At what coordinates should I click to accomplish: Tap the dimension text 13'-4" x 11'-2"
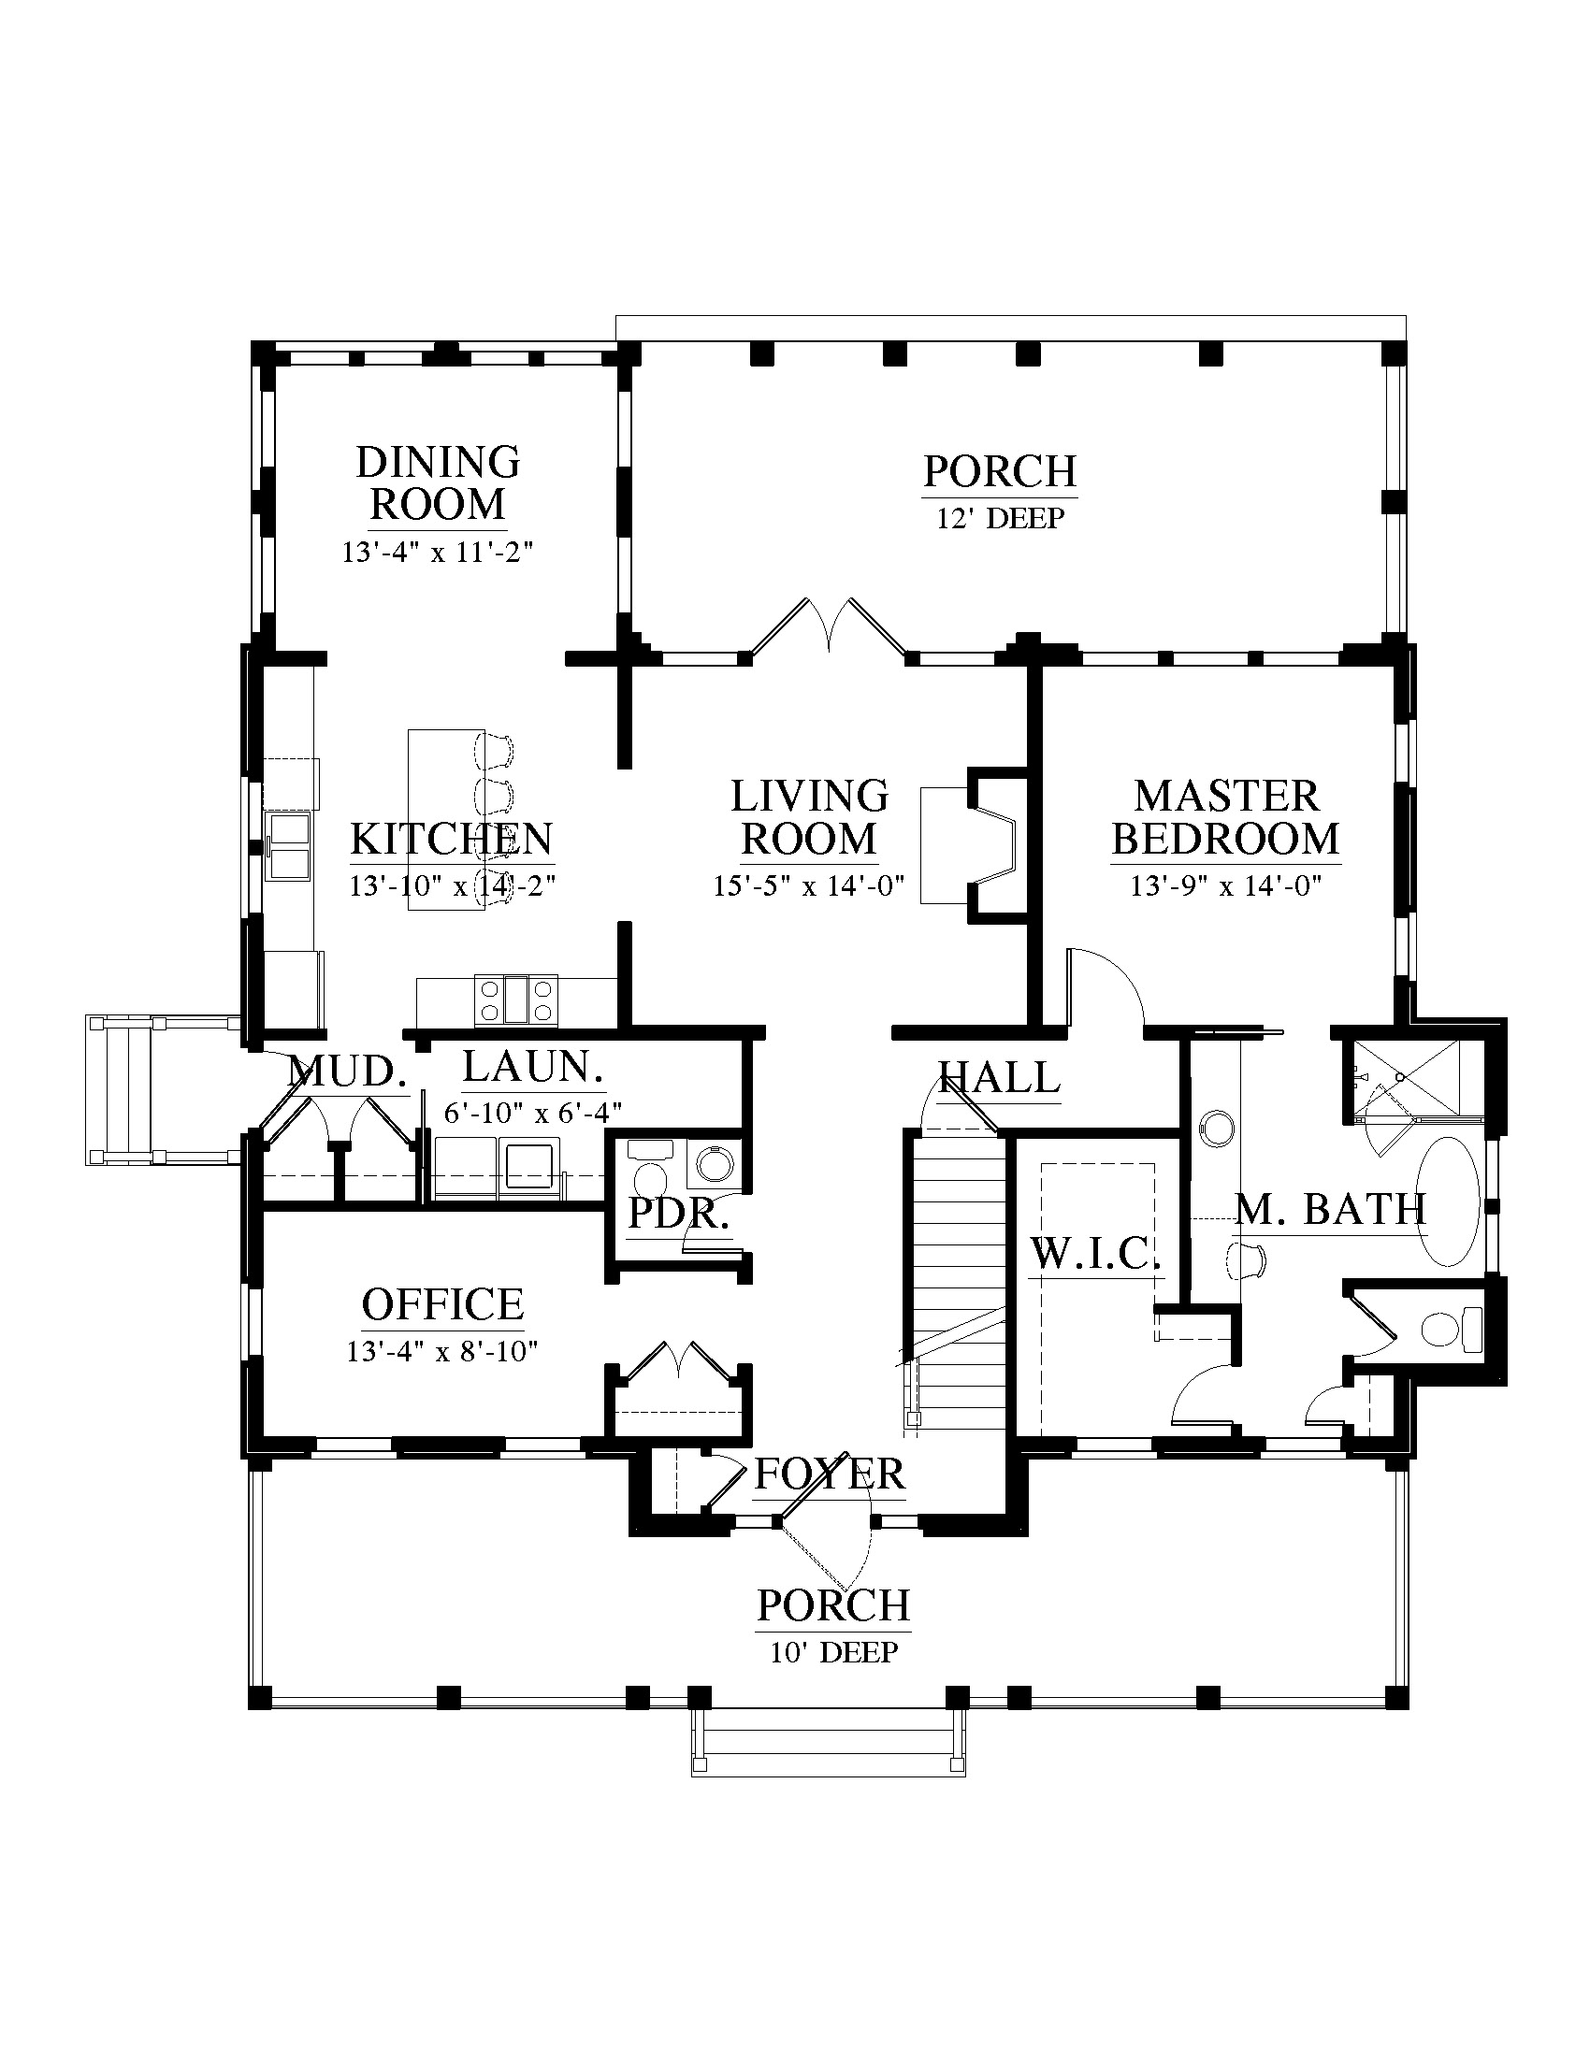click(437, 552)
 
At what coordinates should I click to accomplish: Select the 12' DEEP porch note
click(1000, 518)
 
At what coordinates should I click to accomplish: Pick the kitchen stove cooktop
click(515, 1000)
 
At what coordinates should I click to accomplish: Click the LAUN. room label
click(532, 1066)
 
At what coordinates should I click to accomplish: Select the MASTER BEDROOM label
click(1225, 817)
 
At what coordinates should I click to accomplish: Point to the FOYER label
click(829, 1474)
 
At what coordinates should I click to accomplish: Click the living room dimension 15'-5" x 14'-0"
click(808, 885)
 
